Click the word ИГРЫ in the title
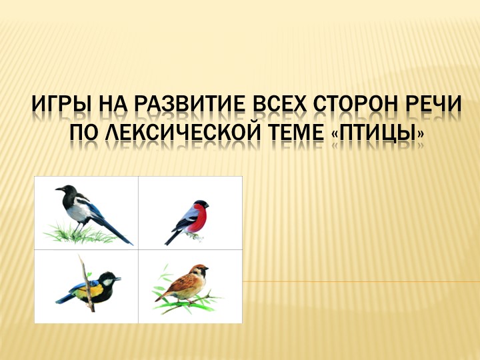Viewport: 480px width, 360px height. [x=61, y=106]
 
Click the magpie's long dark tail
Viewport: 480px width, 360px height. [x=113, y=230]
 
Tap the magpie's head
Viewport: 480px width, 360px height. [x=65, y=192]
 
